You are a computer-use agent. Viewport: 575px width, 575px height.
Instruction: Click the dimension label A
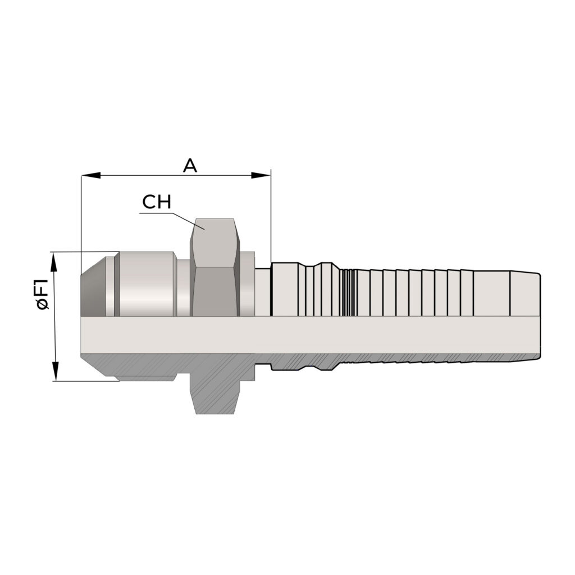click(x=190, y=166)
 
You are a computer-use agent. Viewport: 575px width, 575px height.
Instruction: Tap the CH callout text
click(x=157, y=202)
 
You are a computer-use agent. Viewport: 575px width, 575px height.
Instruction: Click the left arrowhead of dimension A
click(x=90, y=176)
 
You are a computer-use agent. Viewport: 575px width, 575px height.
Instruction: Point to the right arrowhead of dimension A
click(x=261, y=176)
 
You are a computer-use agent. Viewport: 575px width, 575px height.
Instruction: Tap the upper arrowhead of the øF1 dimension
click(x=54, y=262)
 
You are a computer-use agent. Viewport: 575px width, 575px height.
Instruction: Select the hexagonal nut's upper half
click(x=215, y=267)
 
